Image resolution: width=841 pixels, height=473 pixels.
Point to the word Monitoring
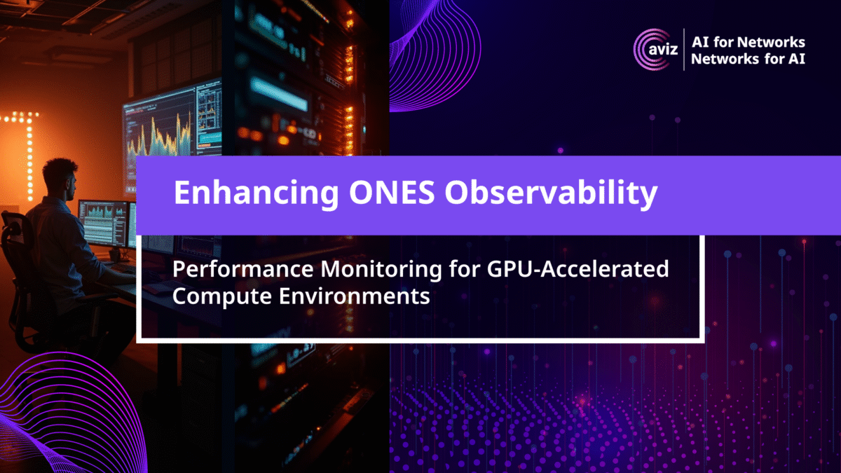pyautogui.click(x=381, y=270)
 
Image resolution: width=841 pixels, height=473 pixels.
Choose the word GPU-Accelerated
pyautogui.click(x=577, y=269)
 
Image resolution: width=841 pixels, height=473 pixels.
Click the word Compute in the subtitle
pyautogui.click(x=222, y=297)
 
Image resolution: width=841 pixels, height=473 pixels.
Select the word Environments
pyautogui.click(x=355, y=296)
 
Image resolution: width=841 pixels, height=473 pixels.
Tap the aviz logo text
pyautogui.click(x=663, y=50)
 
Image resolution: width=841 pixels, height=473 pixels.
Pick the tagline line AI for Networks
pyautogui.click(x=748, y=42)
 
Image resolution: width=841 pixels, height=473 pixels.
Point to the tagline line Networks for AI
pyautogui.click(x=748, y=59)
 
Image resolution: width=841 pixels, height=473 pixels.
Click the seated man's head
pyautogui.click(x=60, y=179)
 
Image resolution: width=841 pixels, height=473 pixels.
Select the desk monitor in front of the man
pyautogui.click(x=103, y=224)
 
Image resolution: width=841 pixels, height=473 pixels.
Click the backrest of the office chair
pyautogui.click(x=15, y=259)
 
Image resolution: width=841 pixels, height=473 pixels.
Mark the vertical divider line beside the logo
pyautogui.click(x=684, y=50)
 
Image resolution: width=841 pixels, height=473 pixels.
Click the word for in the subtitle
pyautogui.click(x=465, y=269)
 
